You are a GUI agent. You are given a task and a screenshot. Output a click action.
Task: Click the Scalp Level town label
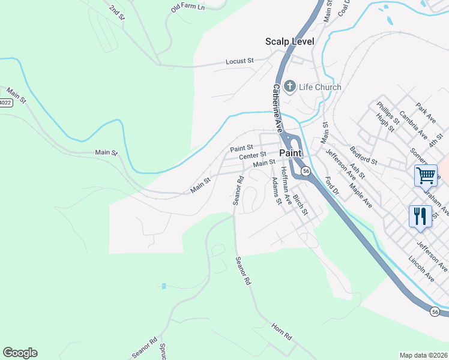[290, 41]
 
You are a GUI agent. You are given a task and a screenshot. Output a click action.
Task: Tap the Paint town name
[291, 153]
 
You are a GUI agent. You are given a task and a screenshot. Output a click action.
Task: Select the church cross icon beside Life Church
[289, 87]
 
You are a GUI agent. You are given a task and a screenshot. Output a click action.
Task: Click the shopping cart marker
[426, 175]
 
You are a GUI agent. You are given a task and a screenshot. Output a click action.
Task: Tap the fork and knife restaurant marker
[420, 216]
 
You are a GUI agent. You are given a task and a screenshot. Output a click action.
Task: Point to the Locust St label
[240, 61]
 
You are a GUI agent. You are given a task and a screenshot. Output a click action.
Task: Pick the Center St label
[252, 156]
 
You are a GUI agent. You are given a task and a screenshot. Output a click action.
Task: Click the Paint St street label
[242, 148]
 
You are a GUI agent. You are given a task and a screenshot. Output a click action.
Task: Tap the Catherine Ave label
[277, 108]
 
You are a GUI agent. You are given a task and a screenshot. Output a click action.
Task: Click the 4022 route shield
[5, 103]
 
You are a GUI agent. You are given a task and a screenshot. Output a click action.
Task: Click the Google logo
[20, 353]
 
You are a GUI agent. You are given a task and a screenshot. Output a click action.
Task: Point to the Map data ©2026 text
[423, 355]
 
